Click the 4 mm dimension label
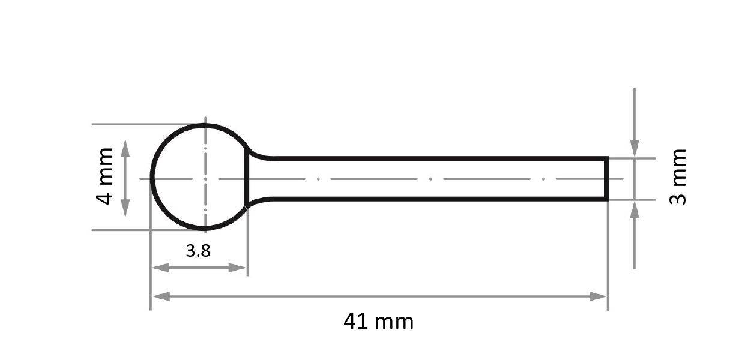pyautogui.click(x=105, y=176)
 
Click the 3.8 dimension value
pyautogui.click(x=198, y=251)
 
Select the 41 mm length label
pyautogui.click(x=378, y=322)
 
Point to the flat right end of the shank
pyautogui.click(x=607, y=178)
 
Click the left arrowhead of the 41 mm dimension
pyautogui.click(x=158, y=296)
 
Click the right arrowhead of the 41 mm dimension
pyautogui.click(x=599, y=296)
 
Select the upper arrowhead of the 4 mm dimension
pyautogui.click(x=125, y=147)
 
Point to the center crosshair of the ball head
pyautogui.click(x=205, y=179)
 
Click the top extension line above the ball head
pyautogui.click(x=120, y=124)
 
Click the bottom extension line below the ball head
pyautogui.click(x=120, y=230)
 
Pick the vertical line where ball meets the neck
pyautogui.click(x=247, y=178)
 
